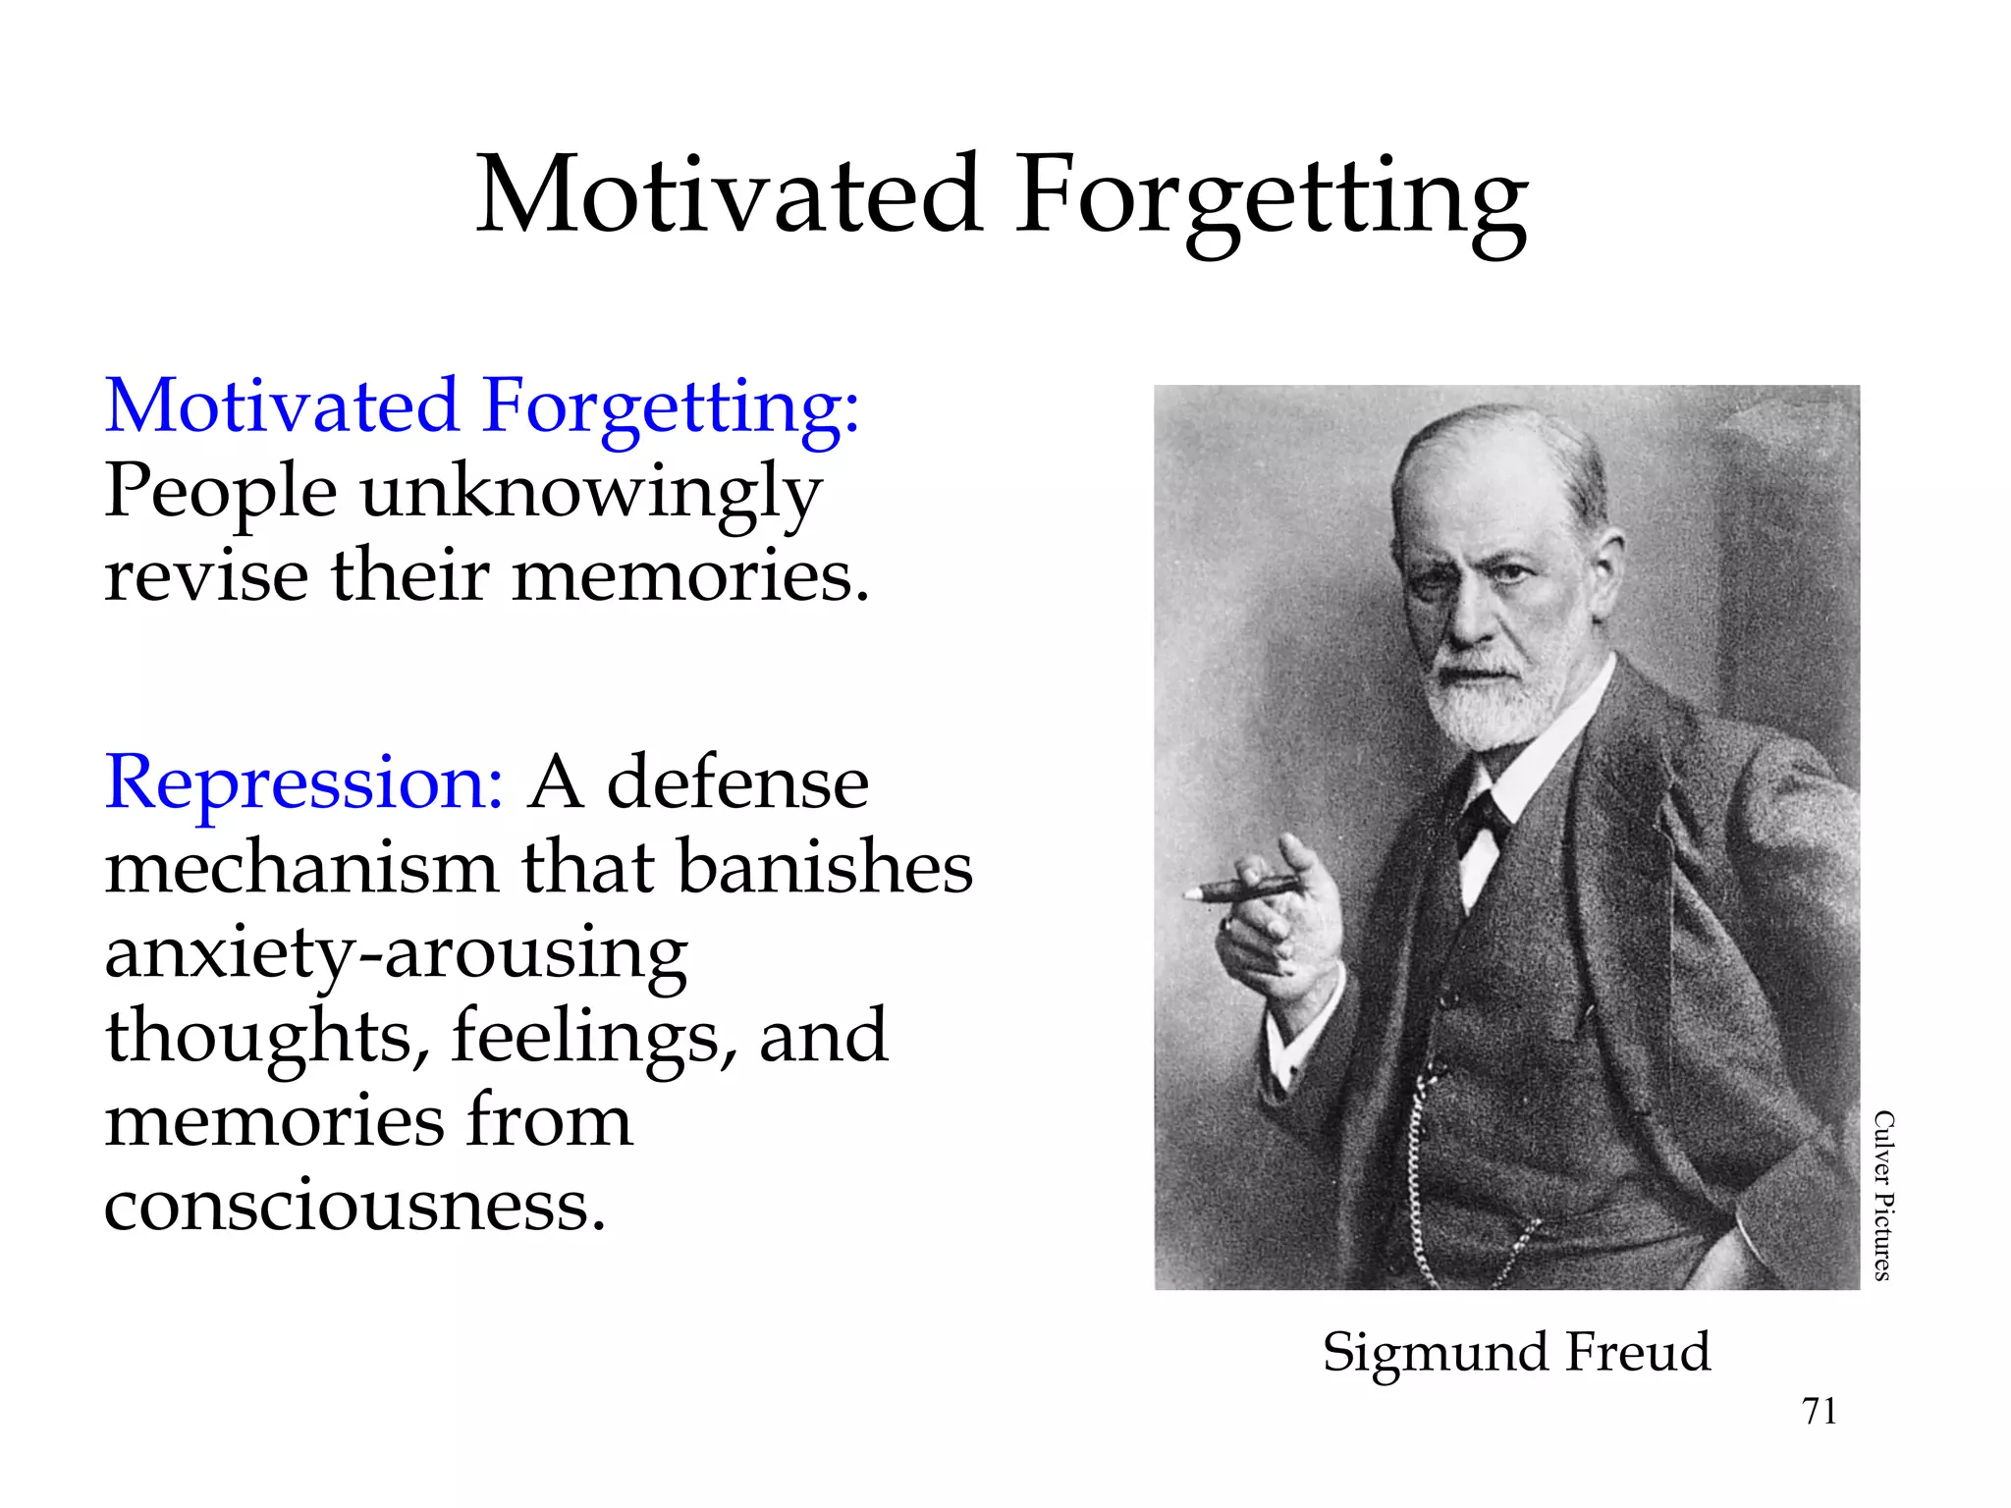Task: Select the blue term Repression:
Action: click(304, 782)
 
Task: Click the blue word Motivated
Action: click(282, 405)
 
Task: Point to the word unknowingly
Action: click(591, 494)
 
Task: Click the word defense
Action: click(737, 784)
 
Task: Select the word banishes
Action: click(825, 869)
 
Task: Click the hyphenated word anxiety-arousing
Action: click(396, 955)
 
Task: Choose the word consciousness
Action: click(354, 1206)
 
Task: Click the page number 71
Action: click(1820, 1411)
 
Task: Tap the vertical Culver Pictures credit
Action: click(1882, 1195)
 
